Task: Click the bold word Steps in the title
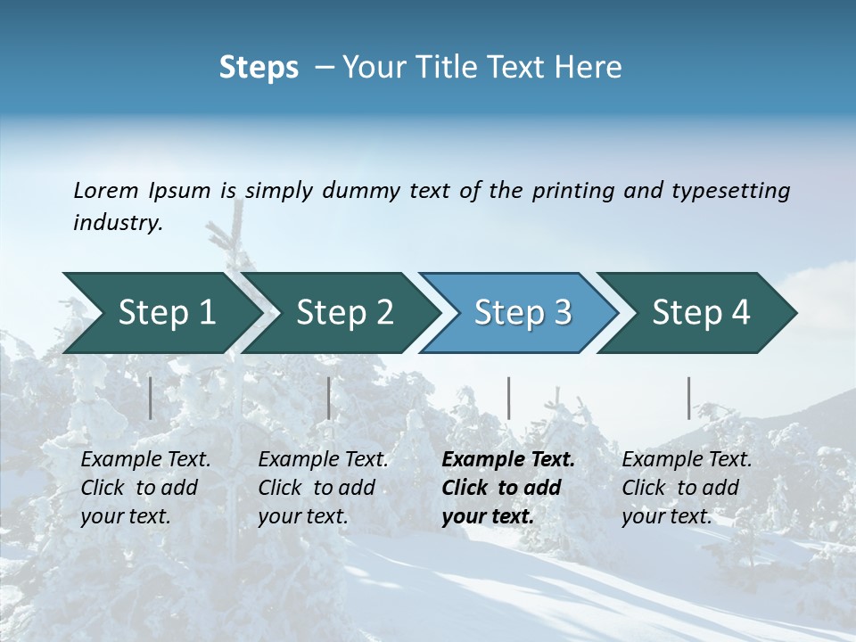[x=259, y=68]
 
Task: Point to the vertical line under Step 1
[x=151, y=399]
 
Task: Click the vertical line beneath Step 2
[x=329, y=399]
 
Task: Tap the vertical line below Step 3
[x=508, y=399]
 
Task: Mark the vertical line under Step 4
[x=689, y=399]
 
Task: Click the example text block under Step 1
[x=145, y=488]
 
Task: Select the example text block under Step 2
[x=323, y=488]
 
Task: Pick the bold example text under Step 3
[x=507, y=488]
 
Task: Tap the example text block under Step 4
[x=687, y=488]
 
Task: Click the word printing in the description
[x=573, y=191]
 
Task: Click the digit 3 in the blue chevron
[x=562, y=313]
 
